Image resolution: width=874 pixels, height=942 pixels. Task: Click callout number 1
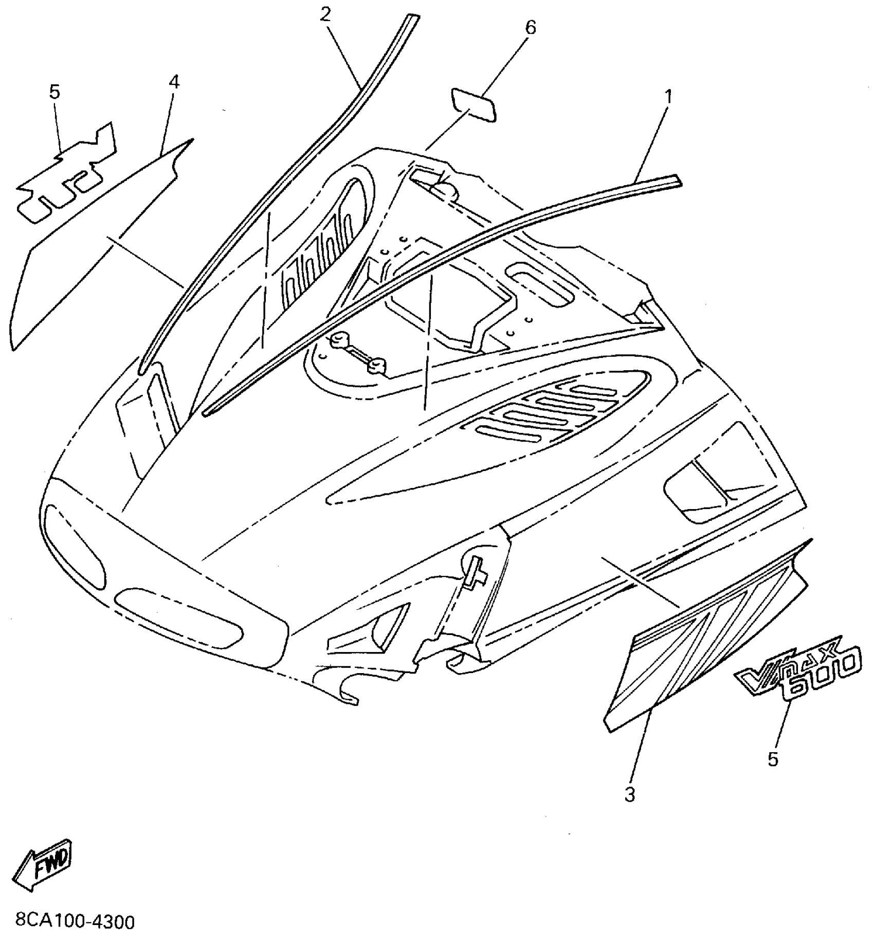[668, 96]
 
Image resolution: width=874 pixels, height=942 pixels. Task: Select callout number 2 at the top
[325, 14]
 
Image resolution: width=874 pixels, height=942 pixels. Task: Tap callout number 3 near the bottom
[630, 794]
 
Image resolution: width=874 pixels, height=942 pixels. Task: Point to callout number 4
[174, 82]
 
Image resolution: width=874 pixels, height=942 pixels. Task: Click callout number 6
[531, 27]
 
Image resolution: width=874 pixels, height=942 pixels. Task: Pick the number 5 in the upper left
[55, 92]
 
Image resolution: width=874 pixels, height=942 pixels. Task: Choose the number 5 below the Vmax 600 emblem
[773, 759]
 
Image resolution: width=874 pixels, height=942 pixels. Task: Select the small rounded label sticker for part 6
[474, 105]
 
